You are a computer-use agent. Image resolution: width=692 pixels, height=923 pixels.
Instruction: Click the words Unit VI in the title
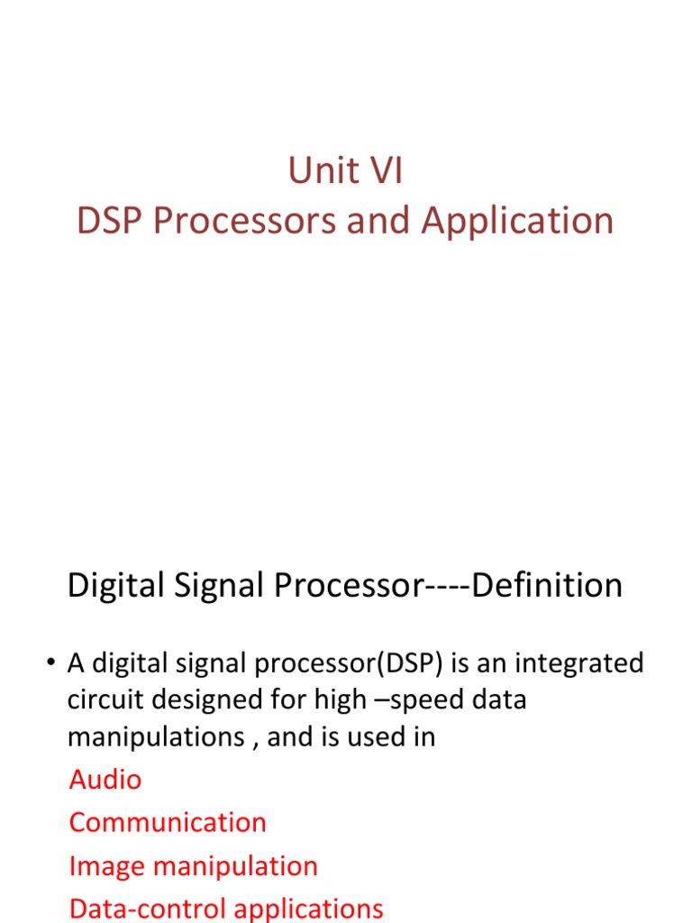click(x=345, y=171)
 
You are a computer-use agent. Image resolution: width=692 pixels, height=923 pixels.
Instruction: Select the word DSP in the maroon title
click(x=111, y=221)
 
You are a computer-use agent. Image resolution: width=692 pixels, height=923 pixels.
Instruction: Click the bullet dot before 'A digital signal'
click(x=51, y=665)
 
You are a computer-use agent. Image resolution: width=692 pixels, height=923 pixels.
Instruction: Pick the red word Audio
click(x=105, y=779)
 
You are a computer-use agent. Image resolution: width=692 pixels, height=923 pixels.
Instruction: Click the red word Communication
click(x=168, y=822)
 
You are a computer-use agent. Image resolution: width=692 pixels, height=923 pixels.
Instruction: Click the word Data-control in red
click(x=138, y=909)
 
